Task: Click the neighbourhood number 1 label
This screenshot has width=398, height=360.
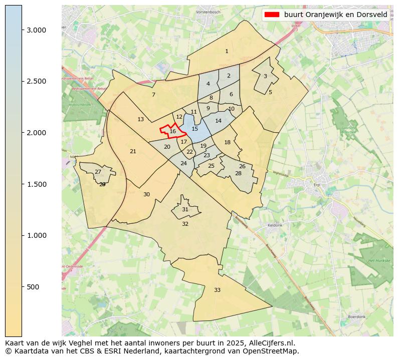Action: [x=227, y=51]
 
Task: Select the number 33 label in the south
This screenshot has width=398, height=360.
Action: [x=217, y=290]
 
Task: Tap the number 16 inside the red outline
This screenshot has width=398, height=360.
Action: [x=172, y=131]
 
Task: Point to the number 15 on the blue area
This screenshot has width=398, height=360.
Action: [x=195, y=129]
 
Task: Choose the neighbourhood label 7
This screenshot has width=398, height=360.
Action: [x=153, y=95]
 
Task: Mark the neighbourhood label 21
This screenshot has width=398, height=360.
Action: [x=133, y=151]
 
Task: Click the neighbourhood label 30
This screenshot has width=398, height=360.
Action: [x=146, y=194]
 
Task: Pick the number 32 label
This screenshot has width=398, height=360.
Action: [x=185, y=224]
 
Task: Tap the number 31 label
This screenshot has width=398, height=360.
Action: [x=185, y=209]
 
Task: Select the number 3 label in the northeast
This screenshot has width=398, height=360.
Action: [x=265, y=76]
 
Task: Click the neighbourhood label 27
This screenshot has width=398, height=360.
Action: [x=98, y=172]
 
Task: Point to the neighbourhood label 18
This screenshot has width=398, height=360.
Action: [x=227, y=142]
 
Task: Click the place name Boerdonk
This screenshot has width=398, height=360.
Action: [x=356, y=317]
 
